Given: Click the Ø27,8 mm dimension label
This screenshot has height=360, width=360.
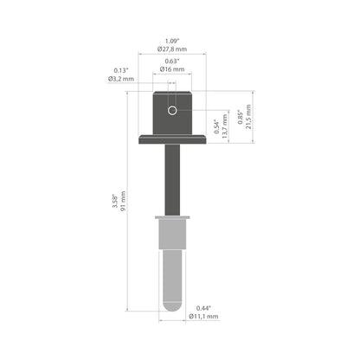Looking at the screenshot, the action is click(172, 49).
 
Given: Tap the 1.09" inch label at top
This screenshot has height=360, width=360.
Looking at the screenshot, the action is click(172, 41).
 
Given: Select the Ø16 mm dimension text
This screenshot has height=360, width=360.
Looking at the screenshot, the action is click(172, 69).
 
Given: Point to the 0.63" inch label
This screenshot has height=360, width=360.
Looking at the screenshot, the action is click(172, 61).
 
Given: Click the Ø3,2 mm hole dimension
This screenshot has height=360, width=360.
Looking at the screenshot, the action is click(121, 79).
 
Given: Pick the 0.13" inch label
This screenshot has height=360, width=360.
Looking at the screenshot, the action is click(121, 70).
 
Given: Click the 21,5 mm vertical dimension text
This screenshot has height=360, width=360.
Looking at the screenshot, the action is click(248, 117).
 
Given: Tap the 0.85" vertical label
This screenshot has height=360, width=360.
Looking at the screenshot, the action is click(240, 117).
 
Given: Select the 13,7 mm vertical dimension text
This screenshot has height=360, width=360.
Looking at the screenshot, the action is click(225, 126).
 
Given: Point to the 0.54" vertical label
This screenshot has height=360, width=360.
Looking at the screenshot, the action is click(217, 126).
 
